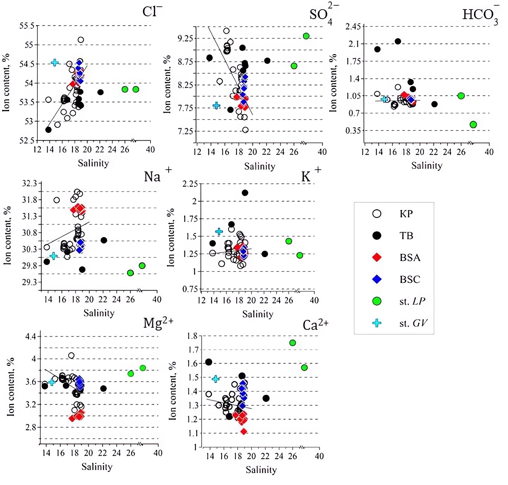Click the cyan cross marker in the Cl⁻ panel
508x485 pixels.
click(55, 63)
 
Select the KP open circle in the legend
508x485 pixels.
click(377, 214)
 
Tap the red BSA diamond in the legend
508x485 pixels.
click(377, 257)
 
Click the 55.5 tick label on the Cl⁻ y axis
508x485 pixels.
click(27, 26)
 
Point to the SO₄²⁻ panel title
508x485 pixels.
click(323, 14)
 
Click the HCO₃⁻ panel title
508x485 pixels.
click(480, 14)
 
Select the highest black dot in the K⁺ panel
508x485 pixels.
click(245, 193)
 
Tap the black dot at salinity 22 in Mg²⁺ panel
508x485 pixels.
click(103, 388)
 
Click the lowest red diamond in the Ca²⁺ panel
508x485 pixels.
click(243, 431)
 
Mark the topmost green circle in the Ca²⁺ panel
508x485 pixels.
click(293, 343)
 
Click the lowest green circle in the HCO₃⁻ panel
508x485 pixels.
click(473, 124)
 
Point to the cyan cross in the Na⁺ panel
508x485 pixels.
click(53, 256)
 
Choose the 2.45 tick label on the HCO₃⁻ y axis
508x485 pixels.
click(353, 27)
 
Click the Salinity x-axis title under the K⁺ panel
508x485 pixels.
click(258, 314)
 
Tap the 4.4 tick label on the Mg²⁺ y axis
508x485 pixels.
click(30, 336)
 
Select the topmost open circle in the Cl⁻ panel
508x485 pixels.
click(81, 40)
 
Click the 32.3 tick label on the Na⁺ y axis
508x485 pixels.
click(29, 183)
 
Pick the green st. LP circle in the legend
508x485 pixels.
click(377, 301)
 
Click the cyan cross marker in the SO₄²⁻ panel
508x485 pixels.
click(217, 105)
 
